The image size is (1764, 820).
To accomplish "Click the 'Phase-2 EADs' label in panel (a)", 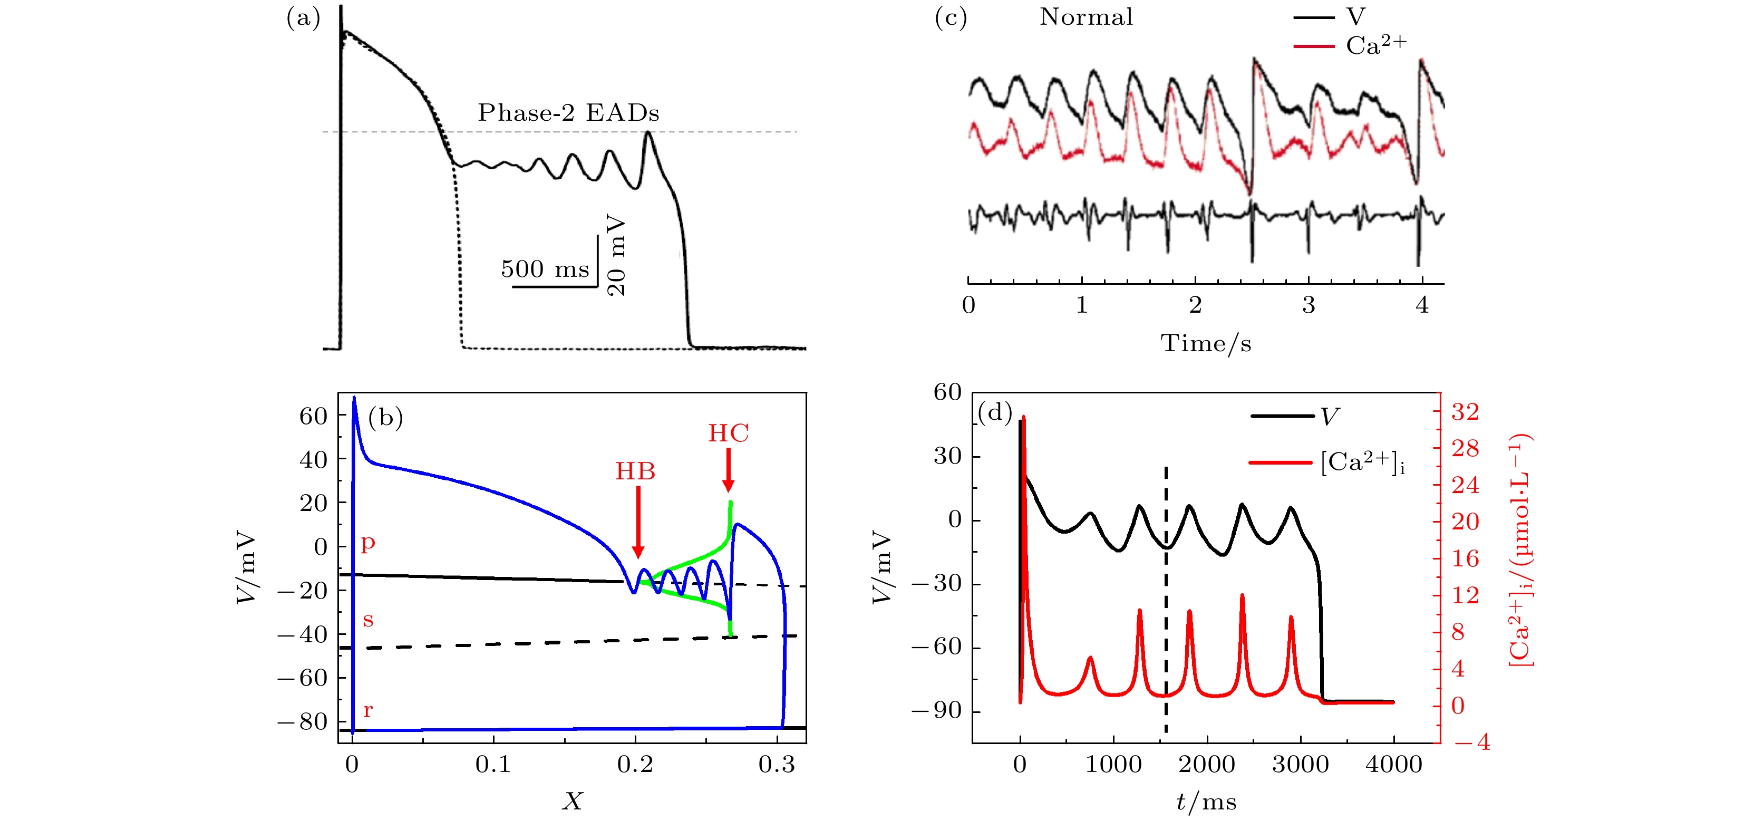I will point(568,113).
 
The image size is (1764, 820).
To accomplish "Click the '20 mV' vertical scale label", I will point(616,255).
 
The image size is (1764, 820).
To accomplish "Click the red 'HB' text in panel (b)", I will point(635,471).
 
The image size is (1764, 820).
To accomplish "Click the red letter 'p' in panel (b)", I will point(368,543).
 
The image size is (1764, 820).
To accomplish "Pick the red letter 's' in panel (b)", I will point(368,620).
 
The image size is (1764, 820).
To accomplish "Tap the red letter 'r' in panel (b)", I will point(368,710).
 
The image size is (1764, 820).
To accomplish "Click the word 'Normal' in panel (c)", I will point(1086,17).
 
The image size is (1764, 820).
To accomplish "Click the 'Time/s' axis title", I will point(1205,343).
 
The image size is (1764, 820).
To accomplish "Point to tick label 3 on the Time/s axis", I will point(1309,305).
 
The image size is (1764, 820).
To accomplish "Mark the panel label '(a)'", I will point(303,18).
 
